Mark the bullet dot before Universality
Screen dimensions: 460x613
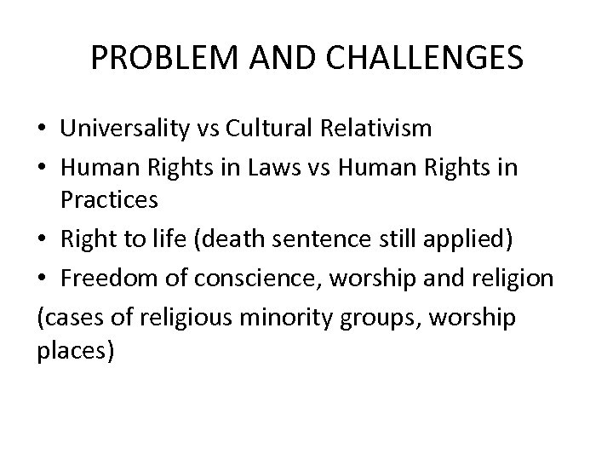click(x=42, y=129)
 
